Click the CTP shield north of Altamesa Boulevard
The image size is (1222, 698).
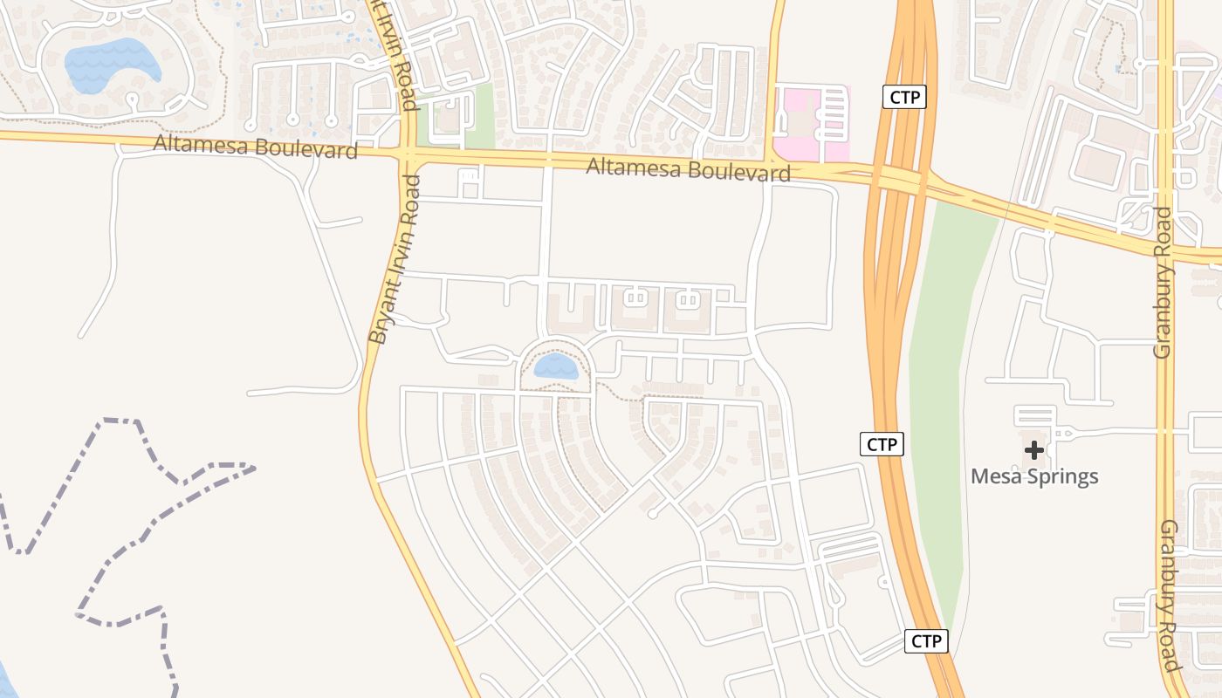coord(904,97)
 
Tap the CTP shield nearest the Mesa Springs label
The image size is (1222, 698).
coord(882,444)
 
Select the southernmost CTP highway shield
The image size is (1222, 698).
coord(925,641)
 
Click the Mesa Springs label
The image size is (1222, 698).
coord(1034,476)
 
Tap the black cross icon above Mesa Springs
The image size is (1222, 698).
coord(1034,450)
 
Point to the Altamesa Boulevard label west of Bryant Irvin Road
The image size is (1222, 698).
coord(255,146)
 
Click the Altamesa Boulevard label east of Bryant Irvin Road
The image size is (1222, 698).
coord(688,168)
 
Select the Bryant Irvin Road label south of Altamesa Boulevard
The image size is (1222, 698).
coord(394,259)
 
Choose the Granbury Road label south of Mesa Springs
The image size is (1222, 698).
coord(1170,595)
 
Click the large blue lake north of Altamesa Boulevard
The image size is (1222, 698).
coord(112,63)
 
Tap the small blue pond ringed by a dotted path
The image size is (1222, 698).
coord(556,366)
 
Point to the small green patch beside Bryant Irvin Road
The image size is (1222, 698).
coord(479,116)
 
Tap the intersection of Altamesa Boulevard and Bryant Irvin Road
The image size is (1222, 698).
coord(407,154)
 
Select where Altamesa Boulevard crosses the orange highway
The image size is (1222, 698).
coord(899,180)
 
